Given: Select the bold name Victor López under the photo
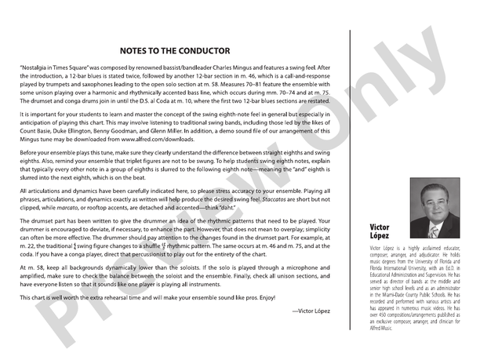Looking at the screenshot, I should (380, 231).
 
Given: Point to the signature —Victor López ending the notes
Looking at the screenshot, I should (311, 311).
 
